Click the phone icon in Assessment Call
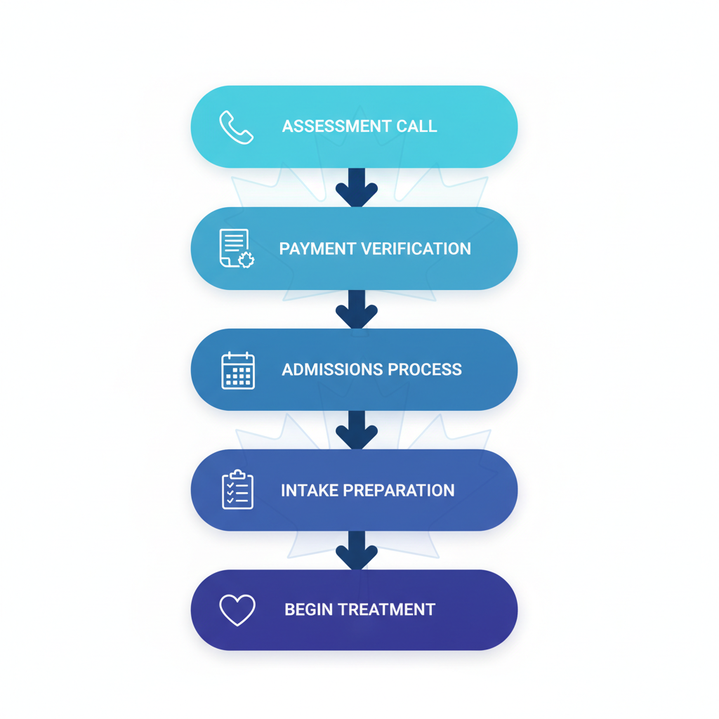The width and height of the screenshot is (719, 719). [237, 127]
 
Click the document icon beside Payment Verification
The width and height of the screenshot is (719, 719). [235, 249]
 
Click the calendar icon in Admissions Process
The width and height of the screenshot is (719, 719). [238, 370]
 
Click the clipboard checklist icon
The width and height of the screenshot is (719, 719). [237, 490]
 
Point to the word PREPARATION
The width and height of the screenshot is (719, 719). [400, 491]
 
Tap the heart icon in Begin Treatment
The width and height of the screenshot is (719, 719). [237, 610]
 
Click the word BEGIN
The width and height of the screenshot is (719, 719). [308, 610]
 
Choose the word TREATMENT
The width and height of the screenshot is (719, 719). [387, 610]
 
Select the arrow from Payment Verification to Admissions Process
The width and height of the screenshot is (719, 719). [357, 310]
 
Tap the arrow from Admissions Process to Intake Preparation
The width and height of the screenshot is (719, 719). [357, 430]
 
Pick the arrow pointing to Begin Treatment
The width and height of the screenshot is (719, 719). [357, 550]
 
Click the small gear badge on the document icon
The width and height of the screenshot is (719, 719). [246, 260]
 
